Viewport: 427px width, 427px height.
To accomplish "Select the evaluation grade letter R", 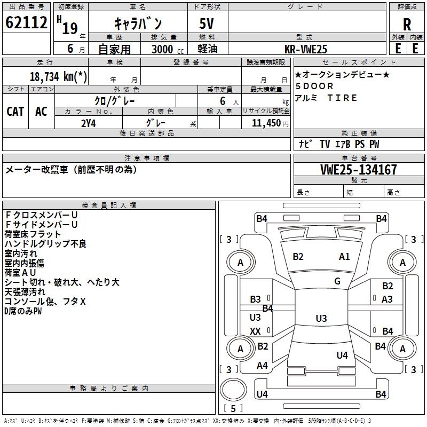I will (407, 24).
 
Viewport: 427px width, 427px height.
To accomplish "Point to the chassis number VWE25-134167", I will (359, 170).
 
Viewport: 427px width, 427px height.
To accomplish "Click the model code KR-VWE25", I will (306, 49).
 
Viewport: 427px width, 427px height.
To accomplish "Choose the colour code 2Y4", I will (88, 123).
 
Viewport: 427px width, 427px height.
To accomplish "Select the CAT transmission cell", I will (15, 111).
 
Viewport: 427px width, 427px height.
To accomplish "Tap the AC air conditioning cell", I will (41, 111).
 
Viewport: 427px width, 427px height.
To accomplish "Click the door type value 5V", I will (208, 24).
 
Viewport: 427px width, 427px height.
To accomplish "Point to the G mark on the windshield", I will (337, 281).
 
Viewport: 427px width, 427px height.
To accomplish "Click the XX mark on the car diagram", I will (256, 331).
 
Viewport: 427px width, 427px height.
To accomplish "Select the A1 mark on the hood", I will (344, 257).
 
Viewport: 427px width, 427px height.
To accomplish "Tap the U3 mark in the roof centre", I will (321, 319).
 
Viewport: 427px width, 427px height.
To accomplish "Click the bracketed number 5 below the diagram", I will (233, 408).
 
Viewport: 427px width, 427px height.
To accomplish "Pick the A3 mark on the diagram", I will (388, 299).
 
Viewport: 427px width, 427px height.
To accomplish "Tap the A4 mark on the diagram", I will (262, 366).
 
